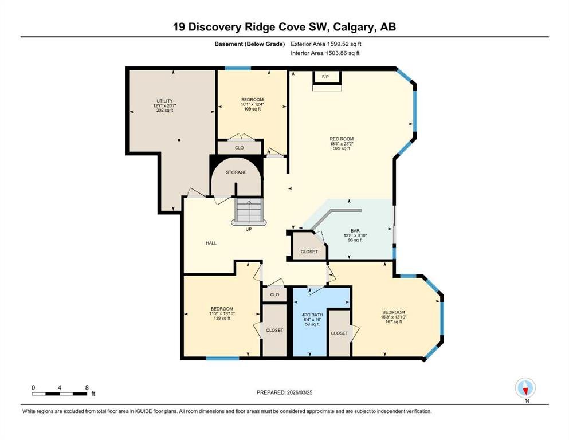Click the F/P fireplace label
point(325,77)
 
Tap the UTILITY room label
point(165,101)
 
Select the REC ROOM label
point(342,139)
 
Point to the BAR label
point(355,231)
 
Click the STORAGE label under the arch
point(236,172)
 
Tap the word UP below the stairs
point(249,229)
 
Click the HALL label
point(211,243)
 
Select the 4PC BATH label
point(312,315)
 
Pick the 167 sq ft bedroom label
point(393,312)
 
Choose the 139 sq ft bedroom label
point(222,309)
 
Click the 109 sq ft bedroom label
point(252,99)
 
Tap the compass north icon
point(525,388)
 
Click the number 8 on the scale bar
point(87,387)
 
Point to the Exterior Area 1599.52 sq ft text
point(326,44)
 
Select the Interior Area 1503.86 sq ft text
point(325,53)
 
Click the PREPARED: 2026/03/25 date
point(284,392)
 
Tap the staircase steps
point(249,210)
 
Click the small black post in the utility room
point(179,140)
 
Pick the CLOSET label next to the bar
point(309,252)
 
